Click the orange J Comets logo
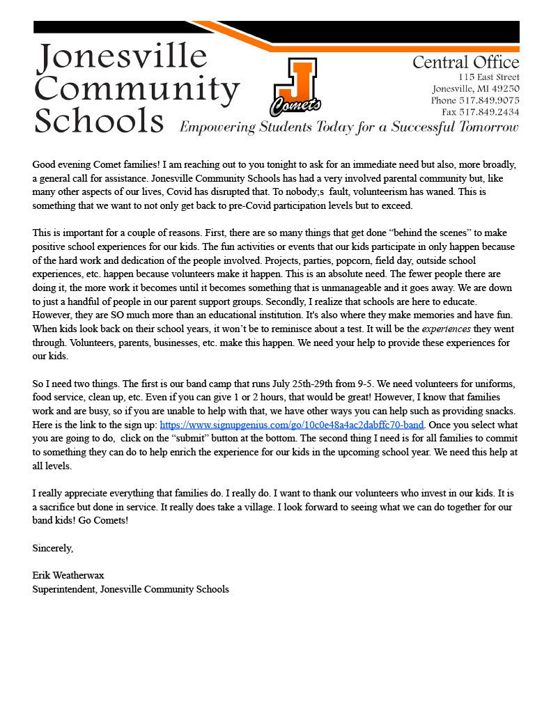point(295,88)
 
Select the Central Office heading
point(465,63)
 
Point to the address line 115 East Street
point(488,77)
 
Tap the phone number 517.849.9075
point(489,100)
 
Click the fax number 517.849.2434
point(489,112)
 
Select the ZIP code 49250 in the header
point(504,88)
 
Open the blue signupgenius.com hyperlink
point(292,425)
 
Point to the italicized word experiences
point(447,329)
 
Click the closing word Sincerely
point(53,548)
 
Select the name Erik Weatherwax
point(68,575)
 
